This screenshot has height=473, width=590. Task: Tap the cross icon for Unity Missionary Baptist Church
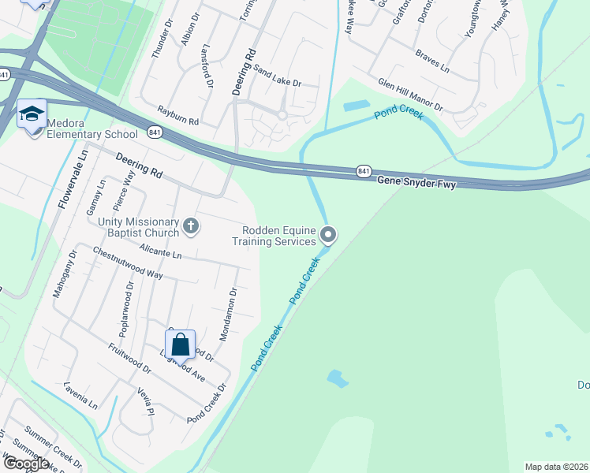[190, 227]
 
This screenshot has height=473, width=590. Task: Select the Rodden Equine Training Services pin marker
[329, 235]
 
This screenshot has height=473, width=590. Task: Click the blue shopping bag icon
[181, 344]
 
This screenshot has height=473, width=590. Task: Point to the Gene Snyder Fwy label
[416, 181]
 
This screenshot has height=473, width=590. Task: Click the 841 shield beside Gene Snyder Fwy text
[363, 170]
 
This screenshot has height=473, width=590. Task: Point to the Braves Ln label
[432, 62]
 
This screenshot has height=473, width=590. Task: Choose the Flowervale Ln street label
[72, 180]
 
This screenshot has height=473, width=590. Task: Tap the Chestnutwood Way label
[127, 263]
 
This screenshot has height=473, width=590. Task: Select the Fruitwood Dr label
[131, 357]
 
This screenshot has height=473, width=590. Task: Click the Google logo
[26, 463]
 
